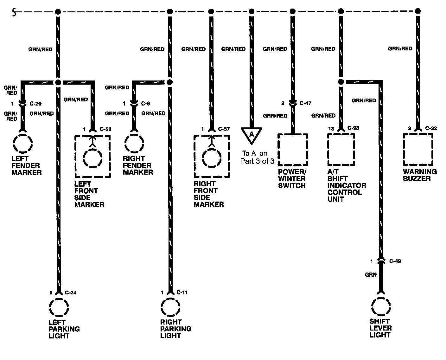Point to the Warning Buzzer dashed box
(418, 149)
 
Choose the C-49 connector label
(395, 261)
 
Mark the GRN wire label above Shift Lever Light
(371, 274)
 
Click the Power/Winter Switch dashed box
(292, 149)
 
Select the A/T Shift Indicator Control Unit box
(341, 149)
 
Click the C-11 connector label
(182, 292)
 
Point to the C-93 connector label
(354, 128)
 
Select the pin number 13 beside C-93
(331, 129)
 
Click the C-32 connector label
(431, 128)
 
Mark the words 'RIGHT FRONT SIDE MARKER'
(209, 194)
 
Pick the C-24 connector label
(71, 292)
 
